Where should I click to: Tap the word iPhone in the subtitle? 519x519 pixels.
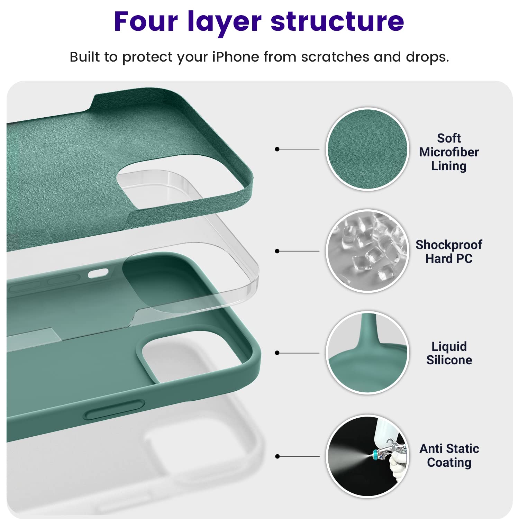tap(235, 57)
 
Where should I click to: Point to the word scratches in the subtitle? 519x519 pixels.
tap(335, 57)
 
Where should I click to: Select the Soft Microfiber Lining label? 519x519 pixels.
tap(449, 152)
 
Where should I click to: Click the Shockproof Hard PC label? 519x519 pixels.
tap(449, 252)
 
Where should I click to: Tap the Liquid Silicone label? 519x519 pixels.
tap(449, 353)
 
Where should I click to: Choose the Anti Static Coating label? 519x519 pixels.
tap(449, 455)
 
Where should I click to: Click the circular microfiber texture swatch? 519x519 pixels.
tap(367, 149)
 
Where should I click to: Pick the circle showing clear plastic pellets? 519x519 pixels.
tap(367, 251)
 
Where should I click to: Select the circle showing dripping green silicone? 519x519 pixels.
tap(367, 353)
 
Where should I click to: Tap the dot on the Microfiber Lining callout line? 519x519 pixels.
tap(277, 149)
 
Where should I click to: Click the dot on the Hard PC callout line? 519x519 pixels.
tap(277, 251)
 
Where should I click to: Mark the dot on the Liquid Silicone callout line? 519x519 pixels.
tap(277, 353)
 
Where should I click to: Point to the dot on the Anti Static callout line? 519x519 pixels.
tap(277, 456)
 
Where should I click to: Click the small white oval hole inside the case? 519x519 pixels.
tap(98, 273)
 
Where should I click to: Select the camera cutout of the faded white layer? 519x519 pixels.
tap(194, 450)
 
